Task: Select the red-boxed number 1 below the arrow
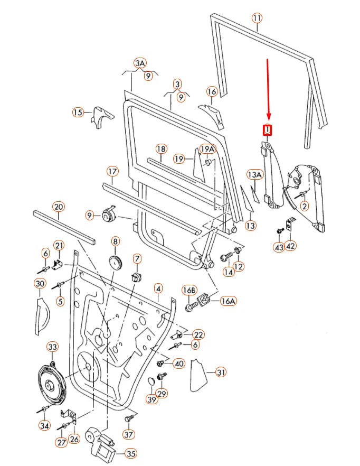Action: coord(268,130)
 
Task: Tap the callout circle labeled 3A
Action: coord(139,63)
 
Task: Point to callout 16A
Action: coord(228,301)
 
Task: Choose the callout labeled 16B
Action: coord(189,290)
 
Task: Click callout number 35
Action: coord(130,453)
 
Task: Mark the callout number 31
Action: coord(220,372)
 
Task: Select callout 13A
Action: coord(254,174)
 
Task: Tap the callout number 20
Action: coord(58,207)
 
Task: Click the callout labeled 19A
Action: coord(207,149)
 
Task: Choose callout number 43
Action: coord(278,247)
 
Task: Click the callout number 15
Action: coord(78,112)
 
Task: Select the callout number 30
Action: coord(40,284)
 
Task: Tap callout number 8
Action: coord(116,241)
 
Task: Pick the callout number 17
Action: coord(112,171)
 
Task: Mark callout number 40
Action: coord(179,363)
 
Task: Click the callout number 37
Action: coord(129,434)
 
